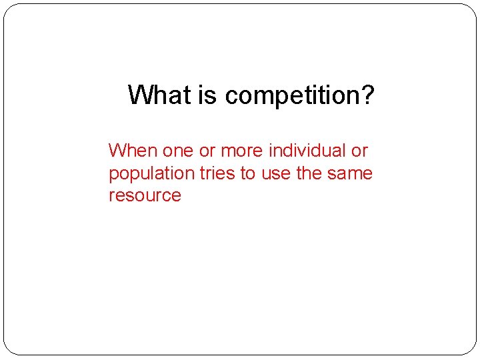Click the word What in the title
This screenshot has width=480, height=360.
(159, 95)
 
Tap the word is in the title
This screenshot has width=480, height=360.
(208, 95)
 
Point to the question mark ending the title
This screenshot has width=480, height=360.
(369, 95)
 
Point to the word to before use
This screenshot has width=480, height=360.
(248, 173)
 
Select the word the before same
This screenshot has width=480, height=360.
(309, 173)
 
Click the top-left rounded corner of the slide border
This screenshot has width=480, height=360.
(9, 9)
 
